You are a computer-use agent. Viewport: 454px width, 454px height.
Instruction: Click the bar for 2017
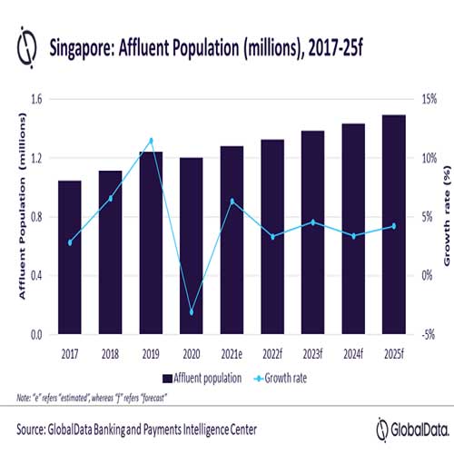point(69,257)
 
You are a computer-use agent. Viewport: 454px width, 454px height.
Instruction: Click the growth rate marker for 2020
point(192,312)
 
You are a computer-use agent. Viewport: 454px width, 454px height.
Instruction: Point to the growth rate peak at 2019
point(151,141)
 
